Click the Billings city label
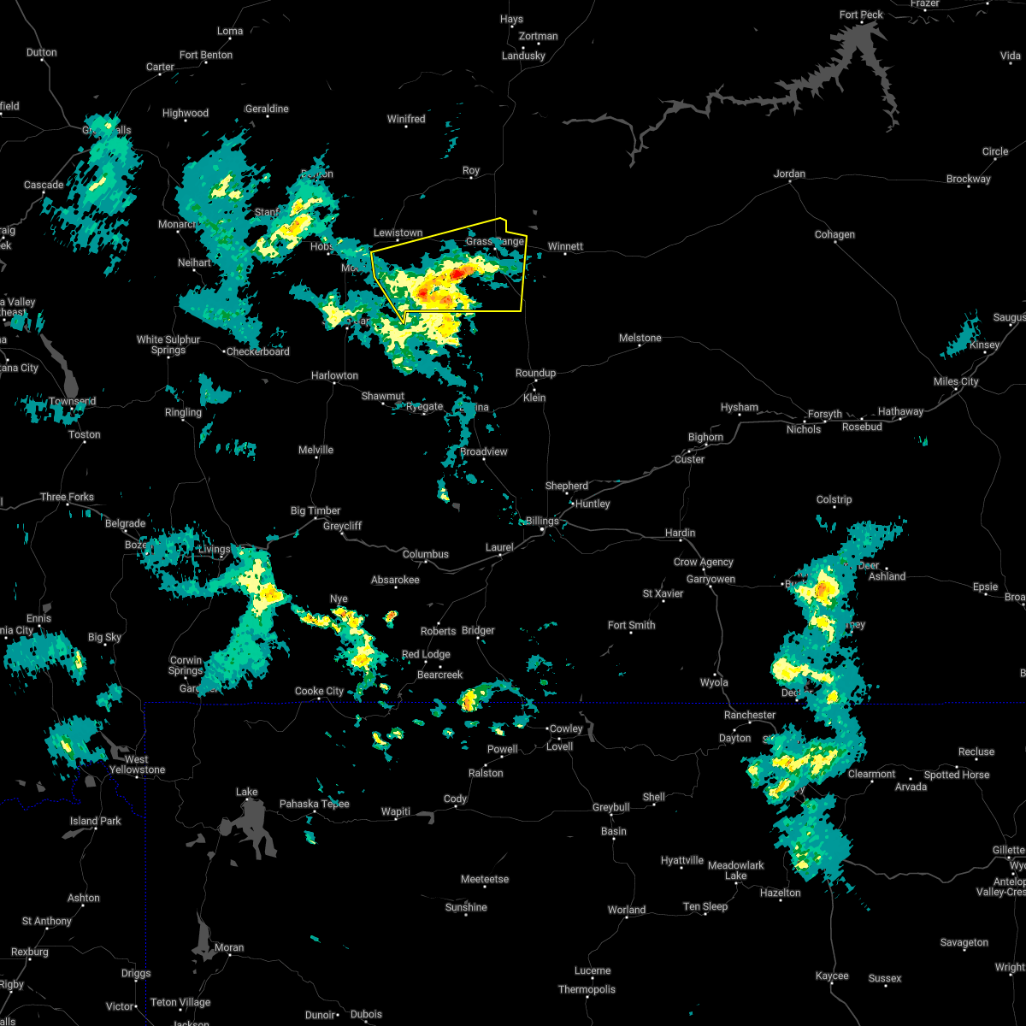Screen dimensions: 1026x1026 coord(542,521)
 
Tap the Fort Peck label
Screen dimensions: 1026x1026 coord(861,15)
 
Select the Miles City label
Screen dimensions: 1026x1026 coord(956,381)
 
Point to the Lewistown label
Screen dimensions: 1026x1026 coord(398,233)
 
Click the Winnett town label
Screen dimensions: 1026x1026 coord(565,246)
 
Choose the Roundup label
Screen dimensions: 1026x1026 coord(535,373)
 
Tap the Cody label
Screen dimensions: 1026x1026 coord(455,799)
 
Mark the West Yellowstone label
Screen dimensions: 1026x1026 coord(137,764)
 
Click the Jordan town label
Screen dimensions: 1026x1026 coord(789,174)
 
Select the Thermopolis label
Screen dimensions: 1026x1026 coord(587,989)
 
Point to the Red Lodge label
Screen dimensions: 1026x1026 coord(426,654)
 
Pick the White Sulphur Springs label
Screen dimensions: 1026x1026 coord(168,345)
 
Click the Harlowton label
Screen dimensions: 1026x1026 coord(334,375)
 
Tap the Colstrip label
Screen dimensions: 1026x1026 coord(834,499)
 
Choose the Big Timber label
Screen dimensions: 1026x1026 coord(315,510)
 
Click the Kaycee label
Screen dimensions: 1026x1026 coord(832,976)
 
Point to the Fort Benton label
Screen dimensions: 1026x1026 coord(206,55)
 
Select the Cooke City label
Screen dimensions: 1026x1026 coord(319,691)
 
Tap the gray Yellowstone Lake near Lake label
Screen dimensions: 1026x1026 coord(252,825)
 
